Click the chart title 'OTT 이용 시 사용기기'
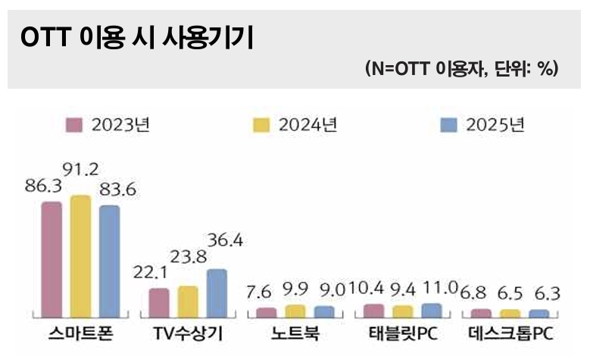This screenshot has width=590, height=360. pos(137,39)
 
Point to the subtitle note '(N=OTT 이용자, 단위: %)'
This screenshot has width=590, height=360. pos(461,69)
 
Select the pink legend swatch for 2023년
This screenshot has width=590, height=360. pos(74,126)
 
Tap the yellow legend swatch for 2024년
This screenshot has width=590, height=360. pos(261,126)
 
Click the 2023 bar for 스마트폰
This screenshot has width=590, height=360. pos(51,258)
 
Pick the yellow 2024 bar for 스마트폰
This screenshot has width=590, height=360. pos(80,255)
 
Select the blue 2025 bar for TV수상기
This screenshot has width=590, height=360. pos(217,292)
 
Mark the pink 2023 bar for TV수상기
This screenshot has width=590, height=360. pos(158,302)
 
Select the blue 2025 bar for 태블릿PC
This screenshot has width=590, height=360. pos(431,309)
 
